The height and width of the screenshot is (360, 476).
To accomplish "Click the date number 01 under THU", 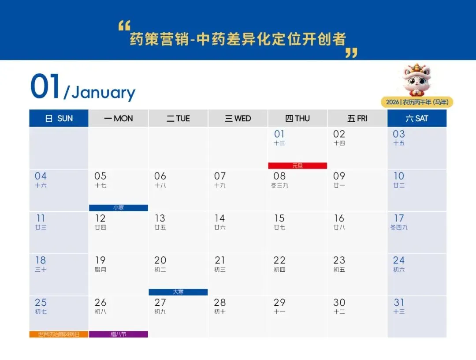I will point(279,134).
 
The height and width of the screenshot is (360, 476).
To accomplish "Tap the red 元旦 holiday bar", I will point(297,166).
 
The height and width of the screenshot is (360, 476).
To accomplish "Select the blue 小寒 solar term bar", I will point(119,208).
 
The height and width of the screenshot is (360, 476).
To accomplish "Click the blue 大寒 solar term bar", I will point(178,292).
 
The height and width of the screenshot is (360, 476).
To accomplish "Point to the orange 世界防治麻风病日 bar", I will point(59,334).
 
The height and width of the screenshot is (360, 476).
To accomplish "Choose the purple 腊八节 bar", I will point(119,334).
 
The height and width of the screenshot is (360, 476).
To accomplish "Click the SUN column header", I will point(59,118).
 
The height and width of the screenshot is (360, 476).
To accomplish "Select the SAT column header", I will point(416,118).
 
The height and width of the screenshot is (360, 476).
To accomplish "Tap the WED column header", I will point(238,118).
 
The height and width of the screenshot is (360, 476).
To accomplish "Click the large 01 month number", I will point(45,87).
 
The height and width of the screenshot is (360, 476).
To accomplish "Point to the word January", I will point(104,93).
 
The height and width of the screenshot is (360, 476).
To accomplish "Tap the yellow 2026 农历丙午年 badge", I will point(417,102).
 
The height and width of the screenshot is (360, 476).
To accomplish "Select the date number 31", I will point(399,303).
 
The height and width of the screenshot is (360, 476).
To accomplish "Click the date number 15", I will point(279,218).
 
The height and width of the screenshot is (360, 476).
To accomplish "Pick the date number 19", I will point(100,260).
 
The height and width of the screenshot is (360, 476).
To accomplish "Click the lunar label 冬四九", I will point(399,228).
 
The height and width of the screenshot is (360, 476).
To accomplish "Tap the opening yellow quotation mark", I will point(124,26).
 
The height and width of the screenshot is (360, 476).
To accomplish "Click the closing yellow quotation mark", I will point(351,53).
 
